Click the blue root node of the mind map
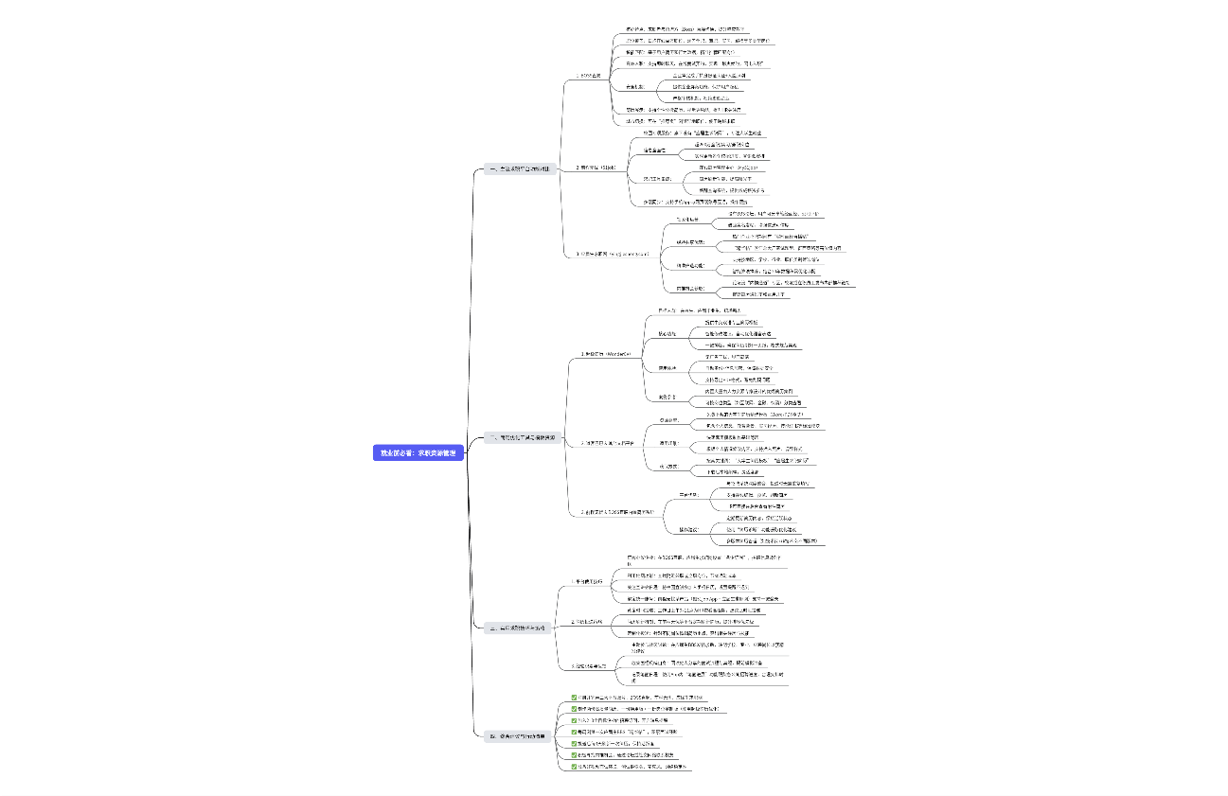click(x=418, y=453)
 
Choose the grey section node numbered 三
click(x=516, y=628)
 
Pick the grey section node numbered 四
click(x=515, y=735)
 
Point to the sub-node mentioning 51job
click(x=597, y=168)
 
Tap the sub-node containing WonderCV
click(x=605, y=353)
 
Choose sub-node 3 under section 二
click(x=616, y=512)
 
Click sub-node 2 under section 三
click(x=589, y=622)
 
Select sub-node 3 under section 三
click(x=589, y=666)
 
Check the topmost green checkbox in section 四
click(x=574, y=698)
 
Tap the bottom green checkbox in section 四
click(x=574, y=767)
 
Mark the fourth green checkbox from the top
click(x=574, y=732)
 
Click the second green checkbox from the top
click(x=574, y=708)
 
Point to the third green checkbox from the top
click(x=574, y=720)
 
